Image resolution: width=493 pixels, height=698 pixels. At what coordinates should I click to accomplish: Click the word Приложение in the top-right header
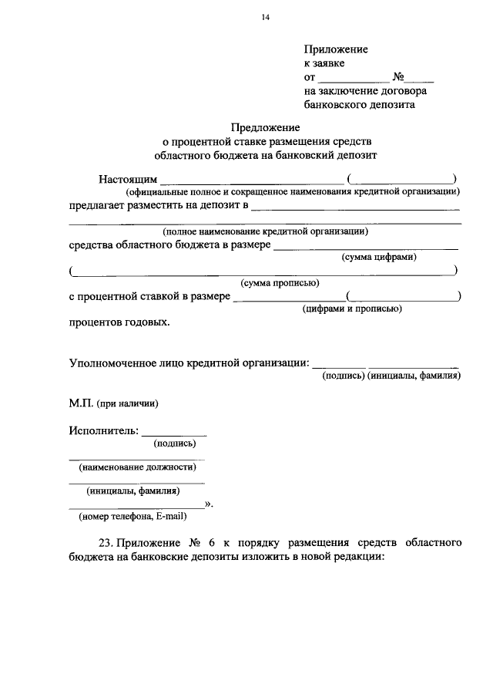[x=336, y=49]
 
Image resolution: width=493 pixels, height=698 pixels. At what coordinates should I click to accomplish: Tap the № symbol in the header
[x=399, y=77]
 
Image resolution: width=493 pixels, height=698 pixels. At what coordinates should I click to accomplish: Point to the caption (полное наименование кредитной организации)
[x=265, y=231]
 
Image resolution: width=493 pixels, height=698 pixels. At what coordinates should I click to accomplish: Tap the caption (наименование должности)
[x=136, y=467]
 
